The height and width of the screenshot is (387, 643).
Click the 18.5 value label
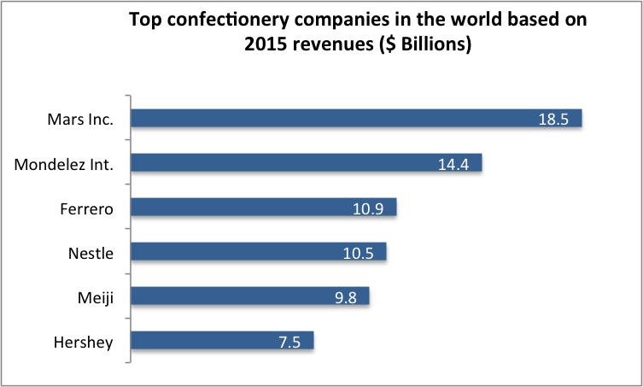[x=553, y=120]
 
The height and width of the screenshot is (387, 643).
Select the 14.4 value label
[x=454, y=164]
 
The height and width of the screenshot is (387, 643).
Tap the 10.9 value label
[x=369, y=208]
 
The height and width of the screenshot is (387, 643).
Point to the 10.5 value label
[x=359, y=253]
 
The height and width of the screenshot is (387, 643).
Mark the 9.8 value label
[x=345, y=297]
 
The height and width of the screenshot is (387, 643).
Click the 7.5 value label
[x=289, y=342]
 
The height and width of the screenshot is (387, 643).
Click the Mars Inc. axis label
[x=79, y=119]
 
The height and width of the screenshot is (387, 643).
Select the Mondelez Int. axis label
[x=64, y=163]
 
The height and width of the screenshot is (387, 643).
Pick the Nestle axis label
[x=91, y=252]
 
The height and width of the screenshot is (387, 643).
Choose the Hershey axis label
[x=85, y=342]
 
